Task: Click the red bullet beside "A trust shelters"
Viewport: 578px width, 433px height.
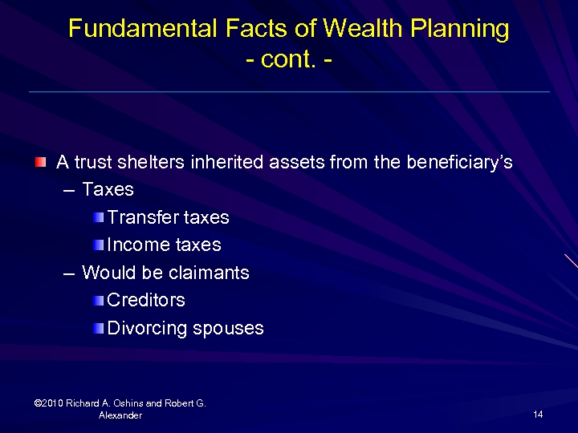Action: pos(40,163)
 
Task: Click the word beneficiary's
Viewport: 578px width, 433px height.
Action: pos(459,163)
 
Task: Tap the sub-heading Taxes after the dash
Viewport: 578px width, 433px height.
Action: pos(108,190)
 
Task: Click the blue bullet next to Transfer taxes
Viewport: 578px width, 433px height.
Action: pos(98,217)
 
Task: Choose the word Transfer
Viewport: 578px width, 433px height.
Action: pos(142,217)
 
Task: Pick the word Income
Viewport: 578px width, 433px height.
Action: pos(136,245)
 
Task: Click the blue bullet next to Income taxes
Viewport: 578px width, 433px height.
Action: pos(98,245)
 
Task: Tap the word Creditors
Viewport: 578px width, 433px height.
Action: pos(146,300)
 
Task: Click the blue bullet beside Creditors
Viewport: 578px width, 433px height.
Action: pos(98,301)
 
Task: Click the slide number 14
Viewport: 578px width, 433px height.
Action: pos(538,415)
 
